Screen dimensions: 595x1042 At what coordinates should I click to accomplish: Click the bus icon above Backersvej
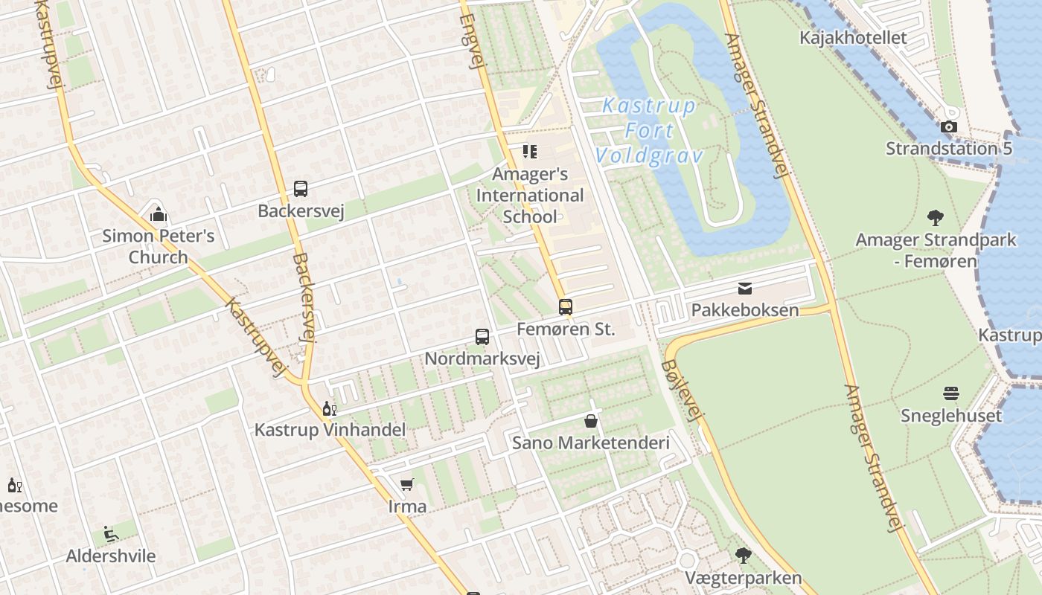click(301, 189)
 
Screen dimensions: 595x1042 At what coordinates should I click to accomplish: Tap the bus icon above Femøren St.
click(566, 306)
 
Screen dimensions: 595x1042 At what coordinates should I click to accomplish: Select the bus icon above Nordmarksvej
click(482, 336)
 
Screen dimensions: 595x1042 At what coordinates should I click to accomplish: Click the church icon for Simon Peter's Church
click(158, 215)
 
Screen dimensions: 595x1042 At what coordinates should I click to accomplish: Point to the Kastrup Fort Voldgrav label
click(649, 131)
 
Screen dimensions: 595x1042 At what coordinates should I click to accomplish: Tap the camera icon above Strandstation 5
click(949, 127)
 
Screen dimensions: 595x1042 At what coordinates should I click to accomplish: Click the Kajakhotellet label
click(853, 37)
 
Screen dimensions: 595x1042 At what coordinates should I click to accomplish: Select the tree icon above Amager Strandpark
click(936, 218)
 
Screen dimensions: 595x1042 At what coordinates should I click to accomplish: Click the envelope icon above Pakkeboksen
click(745, 289)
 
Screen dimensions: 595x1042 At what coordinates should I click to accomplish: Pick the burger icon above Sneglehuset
click(951, 393)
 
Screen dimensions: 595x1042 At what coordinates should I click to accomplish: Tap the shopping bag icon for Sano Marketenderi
click(591, 421)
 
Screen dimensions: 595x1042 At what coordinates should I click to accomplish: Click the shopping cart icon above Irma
click(407, 485)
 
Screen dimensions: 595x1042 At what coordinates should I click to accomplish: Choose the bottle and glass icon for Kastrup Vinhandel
click(329, 408)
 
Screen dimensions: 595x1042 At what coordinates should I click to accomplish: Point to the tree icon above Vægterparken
click(743, 555)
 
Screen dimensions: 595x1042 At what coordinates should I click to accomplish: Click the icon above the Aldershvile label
click(110, 534)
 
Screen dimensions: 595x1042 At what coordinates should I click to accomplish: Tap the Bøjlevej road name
click(682, 391)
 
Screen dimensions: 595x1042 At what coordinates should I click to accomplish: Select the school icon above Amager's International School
click(530, 152)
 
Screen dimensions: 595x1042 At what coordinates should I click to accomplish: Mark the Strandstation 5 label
click(949, 148)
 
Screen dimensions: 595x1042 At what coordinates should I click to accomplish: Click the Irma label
click(408, 506)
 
